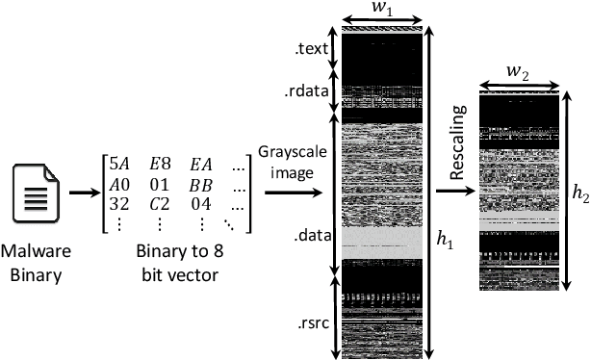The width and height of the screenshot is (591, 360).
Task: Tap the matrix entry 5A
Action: point(119,162)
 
